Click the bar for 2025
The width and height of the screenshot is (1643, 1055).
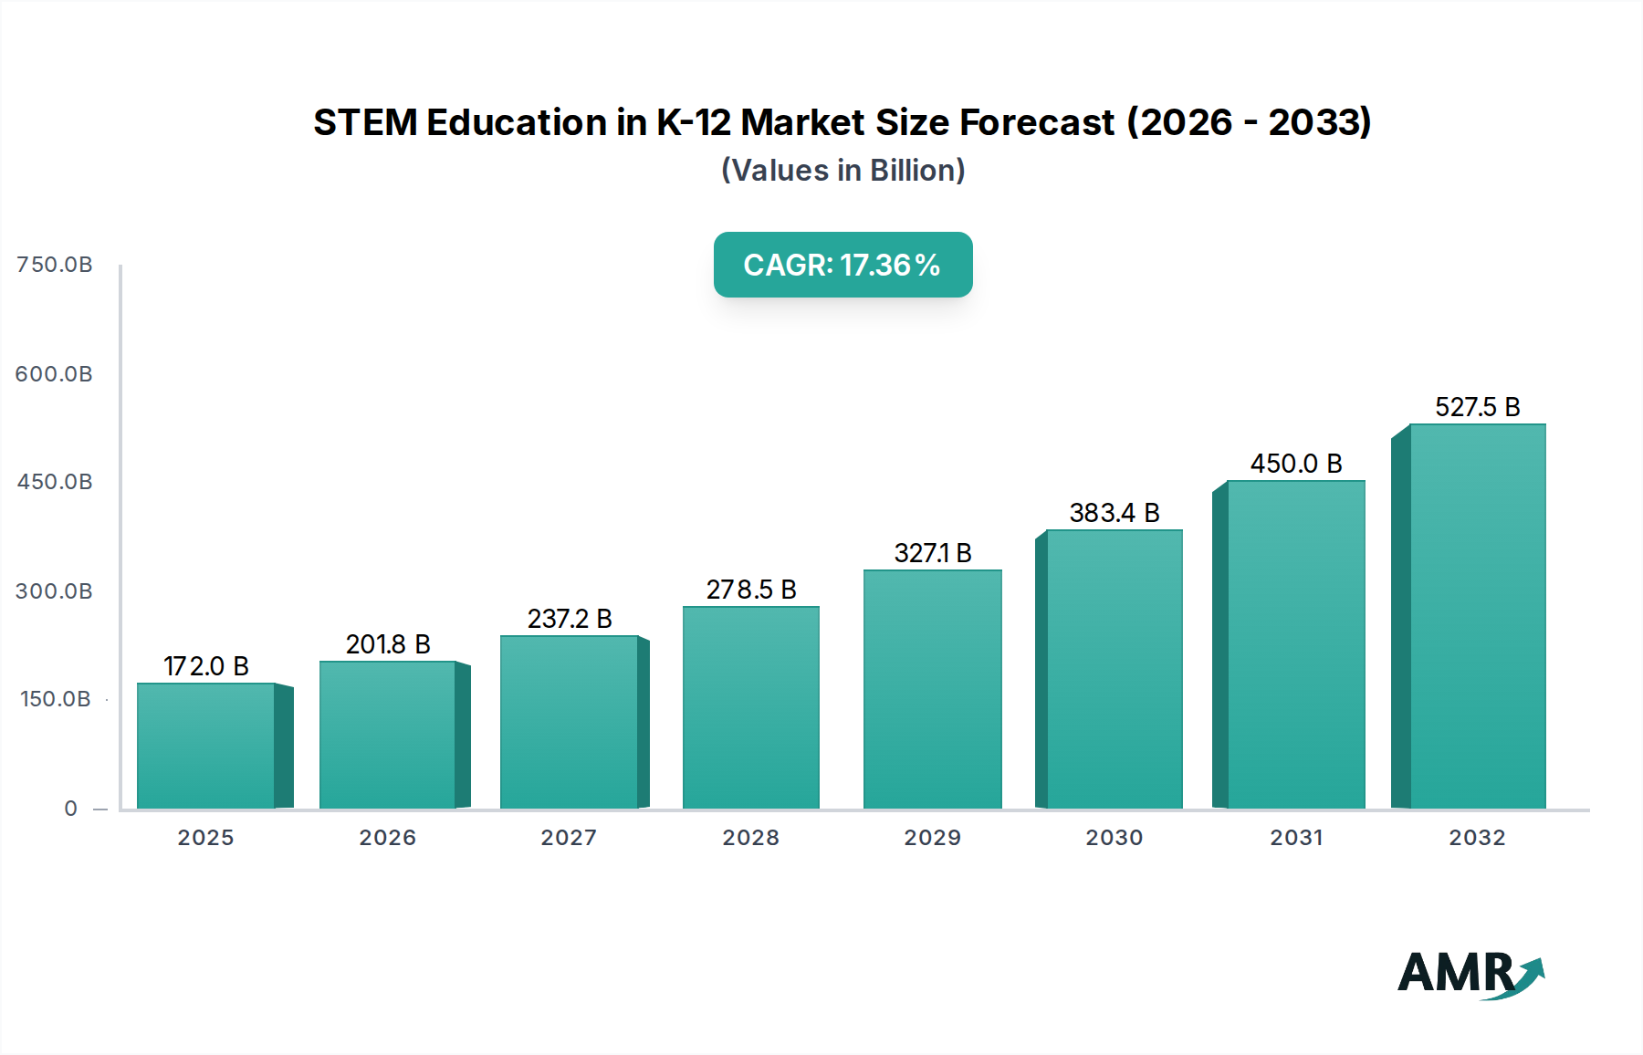(206, 746)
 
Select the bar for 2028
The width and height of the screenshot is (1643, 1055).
(750, 707)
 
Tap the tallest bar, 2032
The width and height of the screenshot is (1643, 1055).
(1477, 616)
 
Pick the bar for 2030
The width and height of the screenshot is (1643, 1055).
(1114, 669)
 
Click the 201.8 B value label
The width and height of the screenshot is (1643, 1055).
(388, 644)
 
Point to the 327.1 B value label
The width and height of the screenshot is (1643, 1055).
(933, 553)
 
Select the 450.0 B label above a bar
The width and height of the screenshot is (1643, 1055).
(1296, 464)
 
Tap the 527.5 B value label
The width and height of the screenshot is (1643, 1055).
(1477, 407)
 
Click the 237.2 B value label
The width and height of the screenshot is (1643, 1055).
(570, 619)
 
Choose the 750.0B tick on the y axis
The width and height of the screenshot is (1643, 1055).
(55, 265)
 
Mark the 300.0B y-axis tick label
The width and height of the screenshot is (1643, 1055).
(55, 591)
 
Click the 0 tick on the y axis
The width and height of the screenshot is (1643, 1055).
(71, 809)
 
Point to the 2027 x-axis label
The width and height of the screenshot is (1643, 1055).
(569, 838)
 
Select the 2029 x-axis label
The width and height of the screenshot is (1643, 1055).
(932, 838)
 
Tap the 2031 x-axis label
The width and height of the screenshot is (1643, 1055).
(1296, 838)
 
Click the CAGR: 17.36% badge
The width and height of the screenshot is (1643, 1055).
(842, 265)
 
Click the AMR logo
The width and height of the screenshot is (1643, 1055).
(1470, 973)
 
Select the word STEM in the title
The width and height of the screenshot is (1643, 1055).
(365, 122)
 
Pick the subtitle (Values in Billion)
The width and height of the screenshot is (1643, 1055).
(842, 171)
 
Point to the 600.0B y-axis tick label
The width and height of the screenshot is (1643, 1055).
(55, 374)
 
